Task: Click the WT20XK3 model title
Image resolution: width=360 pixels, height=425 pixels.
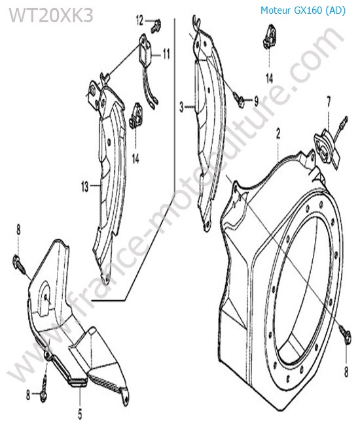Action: [51, 16]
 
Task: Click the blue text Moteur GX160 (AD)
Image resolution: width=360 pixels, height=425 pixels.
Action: [303, 10]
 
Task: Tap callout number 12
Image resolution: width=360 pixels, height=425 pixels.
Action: [139, 20]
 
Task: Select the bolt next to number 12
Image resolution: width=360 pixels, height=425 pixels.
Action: [156, 25]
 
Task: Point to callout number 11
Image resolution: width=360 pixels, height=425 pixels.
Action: [166, 54]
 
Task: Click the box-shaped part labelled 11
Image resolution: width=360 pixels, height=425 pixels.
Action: [145, 49]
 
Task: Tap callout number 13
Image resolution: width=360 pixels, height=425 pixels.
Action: [85, 186]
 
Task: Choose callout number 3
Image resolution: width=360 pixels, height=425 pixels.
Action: [182, 107]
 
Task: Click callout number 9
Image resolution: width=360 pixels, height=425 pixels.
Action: [256, 101]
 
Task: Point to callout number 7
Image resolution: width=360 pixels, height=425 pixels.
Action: [329, 101]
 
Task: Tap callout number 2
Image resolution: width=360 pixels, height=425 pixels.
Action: [278, 134]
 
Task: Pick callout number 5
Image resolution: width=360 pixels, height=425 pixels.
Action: [80, 413]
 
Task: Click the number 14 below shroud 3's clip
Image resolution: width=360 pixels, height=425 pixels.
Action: [270, 78]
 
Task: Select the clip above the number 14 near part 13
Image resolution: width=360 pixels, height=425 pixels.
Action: [135, 115]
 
